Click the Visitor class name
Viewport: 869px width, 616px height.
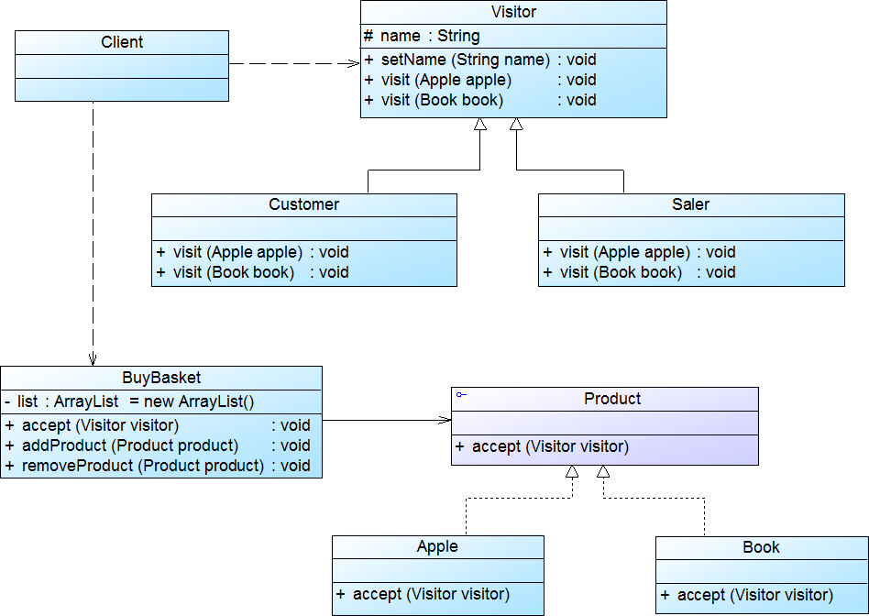(513, 12)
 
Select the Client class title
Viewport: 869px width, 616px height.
(122, 42)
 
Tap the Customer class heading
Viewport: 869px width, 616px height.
(303, 204)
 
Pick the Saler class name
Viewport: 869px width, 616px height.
(690, 204)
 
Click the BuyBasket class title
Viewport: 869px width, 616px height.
(161, 378)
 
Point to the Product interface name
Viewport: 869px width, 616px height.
(612, 399)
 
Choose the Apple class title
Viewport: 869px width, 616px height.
(437, 547)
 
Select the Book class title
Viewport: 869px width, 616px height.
(761, 547)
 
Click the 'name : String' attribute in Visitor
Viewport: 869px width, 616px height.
(422, 37)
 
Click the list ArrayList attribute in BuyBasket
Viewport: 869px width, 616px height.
(129, 401)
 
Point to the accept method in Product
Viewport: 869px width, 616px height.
(542, 447)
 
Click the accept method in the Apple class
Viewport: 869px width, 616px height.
(423, 594)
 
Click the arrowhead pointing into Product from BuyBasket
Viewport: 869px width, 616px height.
(445, 420)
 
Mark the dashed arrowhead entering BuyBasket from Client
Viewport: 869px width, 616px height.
(93, 360)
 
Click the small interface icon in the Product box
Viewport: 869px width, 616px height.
(461, 395)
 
